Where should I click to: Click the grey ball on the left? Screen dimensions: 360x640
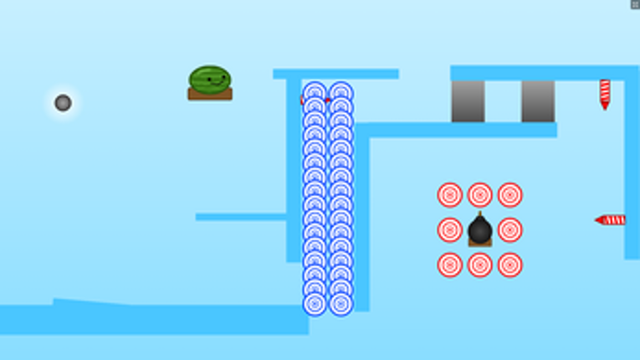pos(63,103)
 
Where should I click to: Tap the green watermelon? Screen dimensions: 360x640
pos(210,79)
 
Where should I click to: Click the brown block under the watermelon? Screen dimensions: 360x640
pos(210,95)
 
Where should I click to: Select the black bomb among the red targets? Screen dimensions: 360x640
pos(479,230)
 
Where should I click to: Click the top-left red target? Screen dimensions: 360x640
pos(450,195)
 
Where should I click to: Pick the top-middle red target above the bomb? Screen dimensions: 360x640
pos(480,195)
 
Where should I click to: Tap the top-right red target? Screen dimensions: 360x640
pos(510,195)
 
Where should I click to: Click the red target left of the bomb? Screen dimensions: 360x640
pos(450,230)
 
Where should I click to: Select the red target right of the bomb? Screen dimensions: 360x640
pos(510,230)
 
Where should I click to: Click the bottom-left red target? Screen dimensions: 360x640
pos(450,265)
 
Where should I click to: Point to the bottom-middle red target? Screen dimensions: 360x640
pos(480,265)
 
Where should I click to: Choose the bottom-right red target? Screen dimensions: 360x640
pos(510,265)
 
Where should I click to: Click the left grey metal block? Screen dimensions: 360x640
pos(468,101)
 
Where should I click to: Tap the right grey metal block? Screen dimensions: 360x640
pos(538,101)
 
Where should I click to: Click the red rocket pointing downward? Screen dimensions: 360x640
pos(605,93)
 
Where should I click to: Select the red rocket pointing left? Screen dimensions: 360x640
pos(612,220)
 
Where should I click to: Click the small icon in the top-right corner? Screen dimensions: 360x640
pos(635,4)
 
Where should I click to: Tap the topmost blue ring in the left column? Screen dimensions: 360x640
pos(315,92)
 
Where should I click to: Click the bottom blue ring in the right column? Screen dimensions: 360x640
pos(340,304)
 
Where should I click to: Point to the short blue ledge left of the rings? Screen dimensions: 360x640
pos(241,217)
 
